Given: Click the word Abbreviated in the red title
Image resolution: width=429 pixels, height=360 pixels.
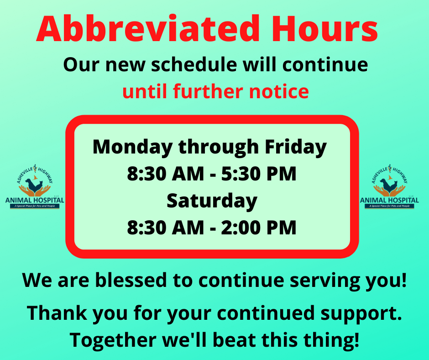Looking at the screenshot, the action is click(x=148, y=29).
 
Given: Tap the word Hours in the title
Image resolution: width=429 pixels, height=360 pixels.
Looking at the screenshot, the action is click(x=325, y=29).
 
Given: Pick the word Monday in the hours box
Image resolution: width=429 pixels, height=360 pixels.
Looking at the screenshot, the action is click(x=133, y=148).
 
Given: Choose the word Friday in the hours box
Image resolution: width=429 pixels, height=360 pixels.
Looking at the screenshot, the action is click(x=296, y=148).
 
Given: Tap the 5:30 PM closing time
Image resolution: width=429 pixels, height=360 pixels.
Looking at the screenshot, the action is click(x=259, y=174).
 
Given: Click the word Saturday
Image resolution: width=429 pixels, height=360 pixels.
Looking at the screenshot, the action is click(x=212, y=201).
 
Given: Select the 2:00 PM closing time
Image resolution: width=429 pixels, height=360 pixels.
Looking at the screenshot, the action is click(x=259, y=228).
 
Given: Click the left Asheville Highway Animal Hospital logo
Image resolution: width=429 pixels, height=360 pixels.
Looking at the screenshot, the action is click(x=35, y=187).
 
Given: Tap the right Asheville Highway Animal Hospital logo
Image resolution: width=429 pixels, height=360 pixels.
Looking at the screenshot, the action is click(x=389, y=187).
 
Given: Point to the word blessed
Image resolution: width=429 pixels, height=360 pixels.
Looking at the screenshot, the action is click(x=131, y=280).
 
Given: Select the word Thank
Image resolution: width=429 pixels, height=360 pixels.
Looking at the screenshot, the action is click(x=57, y=312).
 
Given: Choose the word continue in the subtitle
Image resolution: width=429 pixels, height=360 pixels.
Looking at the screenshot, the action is click(x=325, y=65).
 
